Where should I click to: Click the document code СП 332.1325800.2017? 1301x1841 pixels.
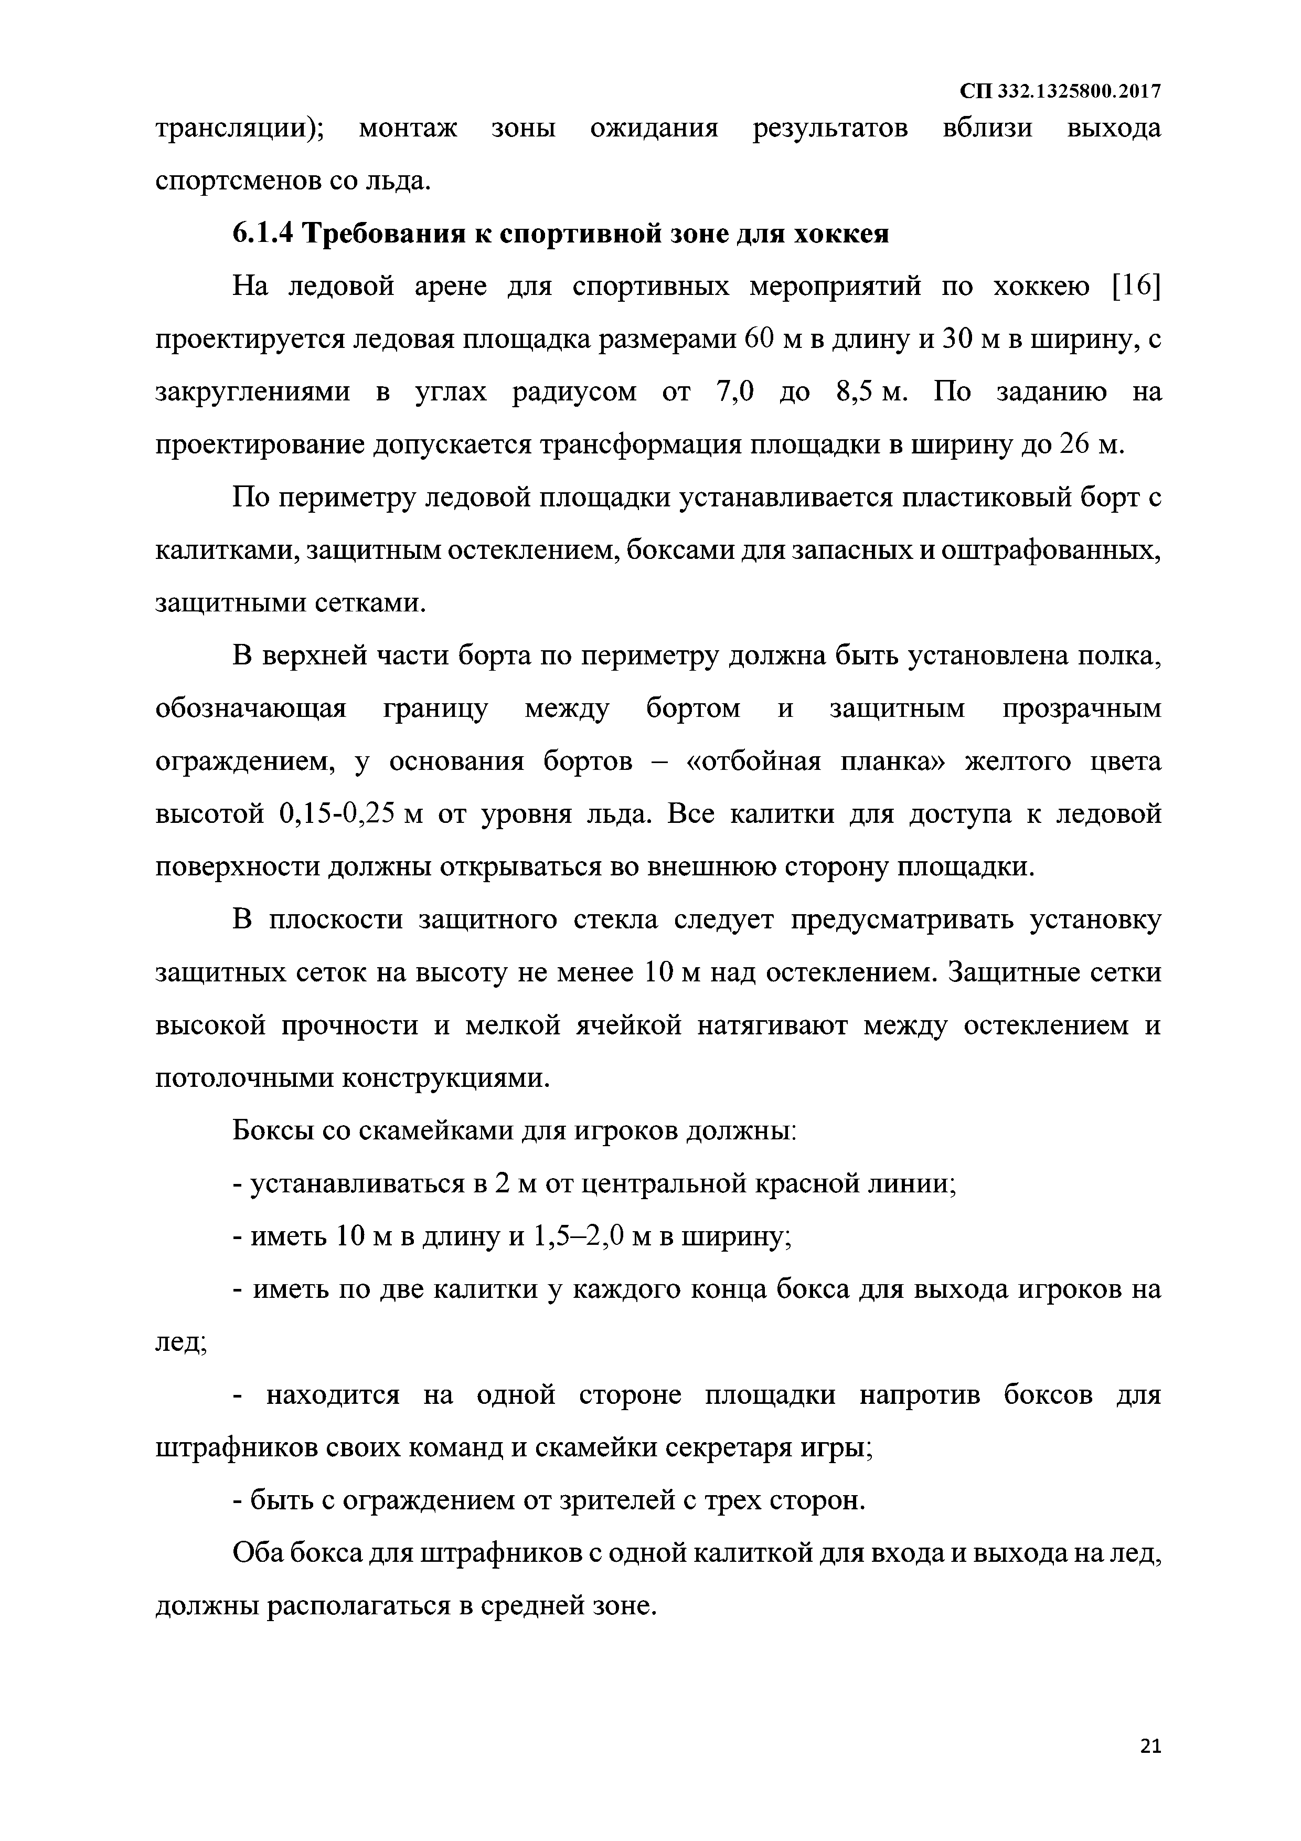tap(1061, 91)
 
